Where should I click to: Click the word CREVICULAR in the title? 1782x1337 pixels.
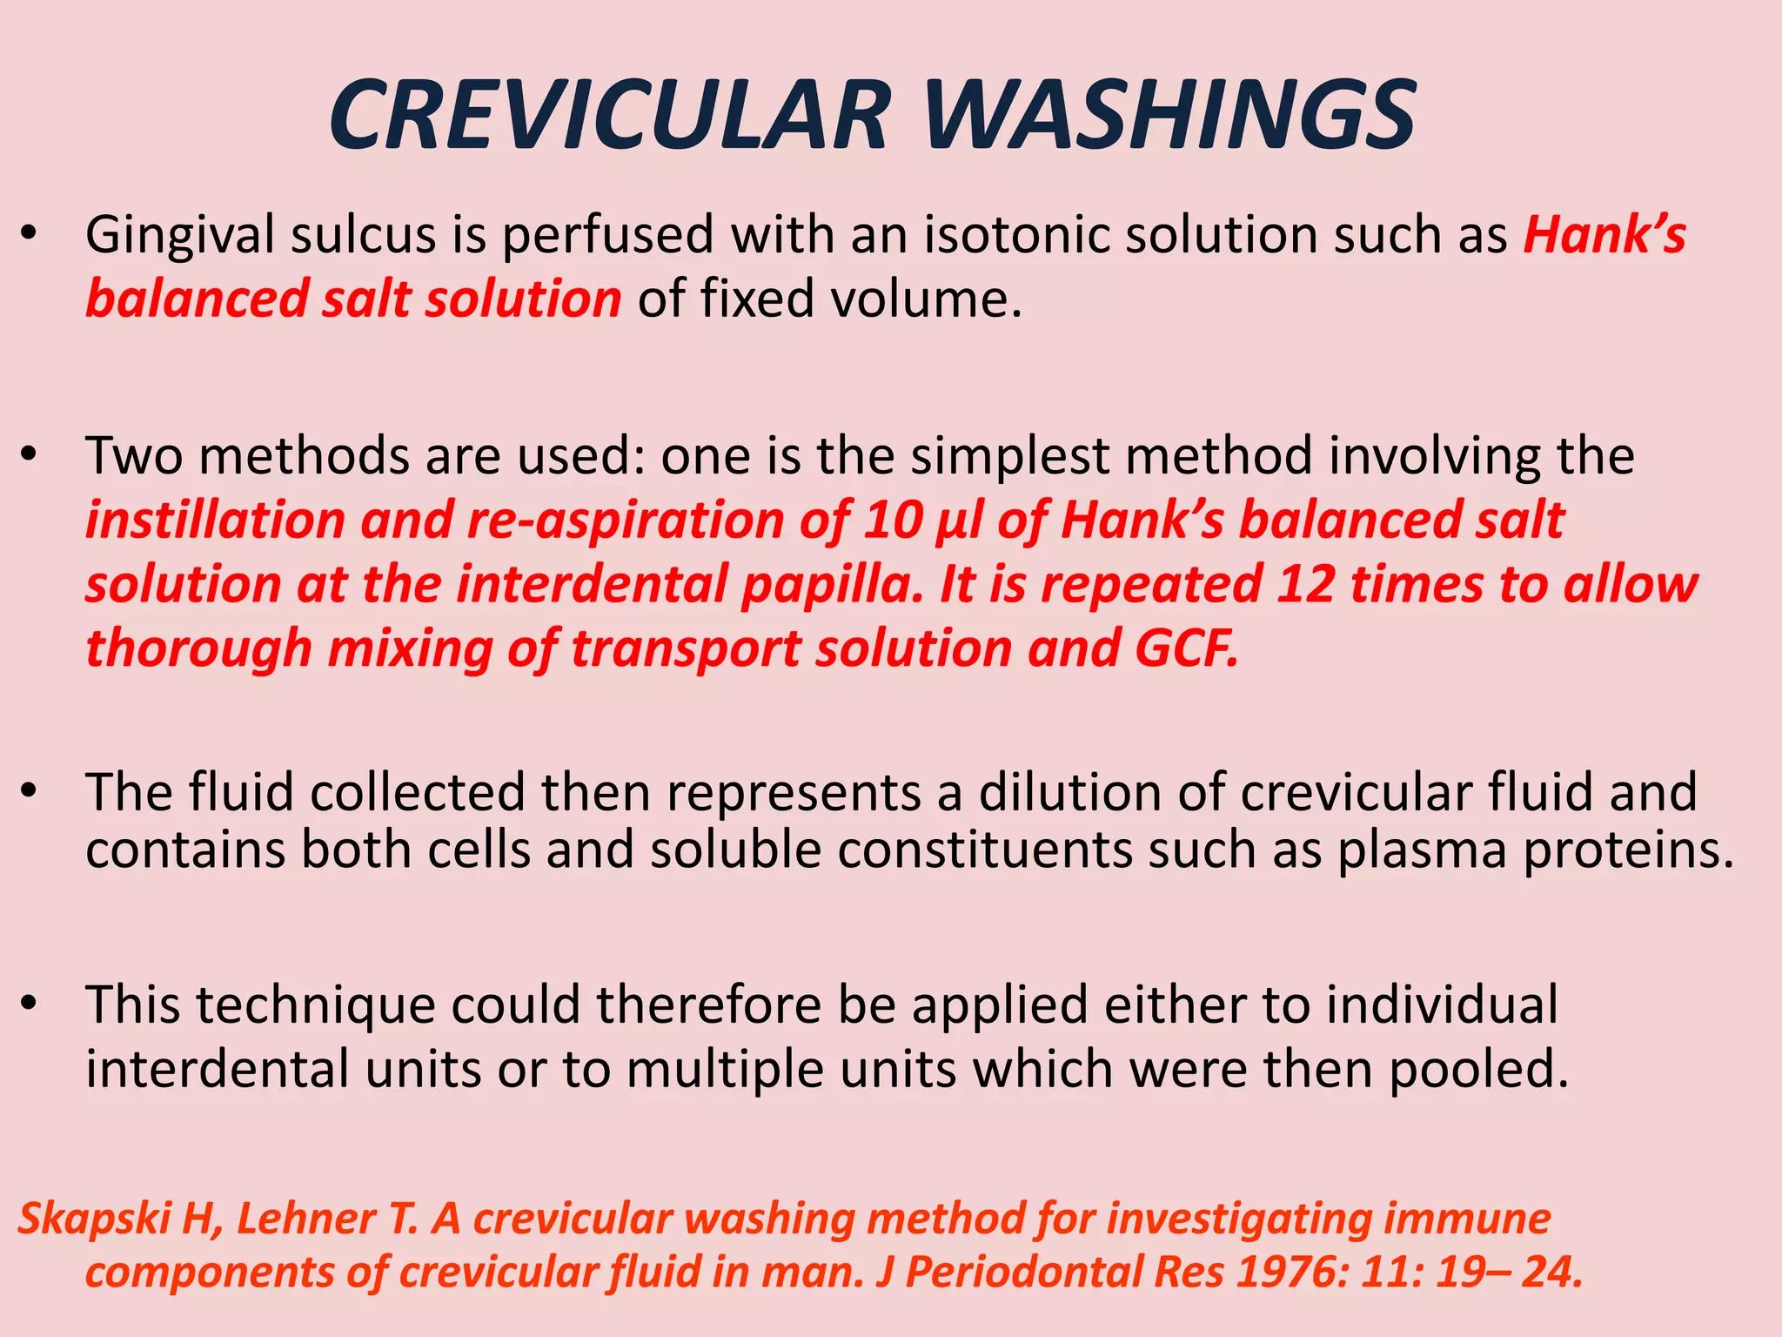[609, 116]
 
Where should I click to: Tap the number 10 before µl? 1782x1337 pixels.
[893, 521]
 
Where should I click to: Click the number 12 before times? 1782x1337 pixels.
[1305, 584]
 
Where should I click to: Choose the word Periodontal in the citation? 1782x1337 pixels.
[1022, 1273]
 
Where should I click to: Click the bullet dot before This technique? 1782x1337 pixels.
[30, 1004]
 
